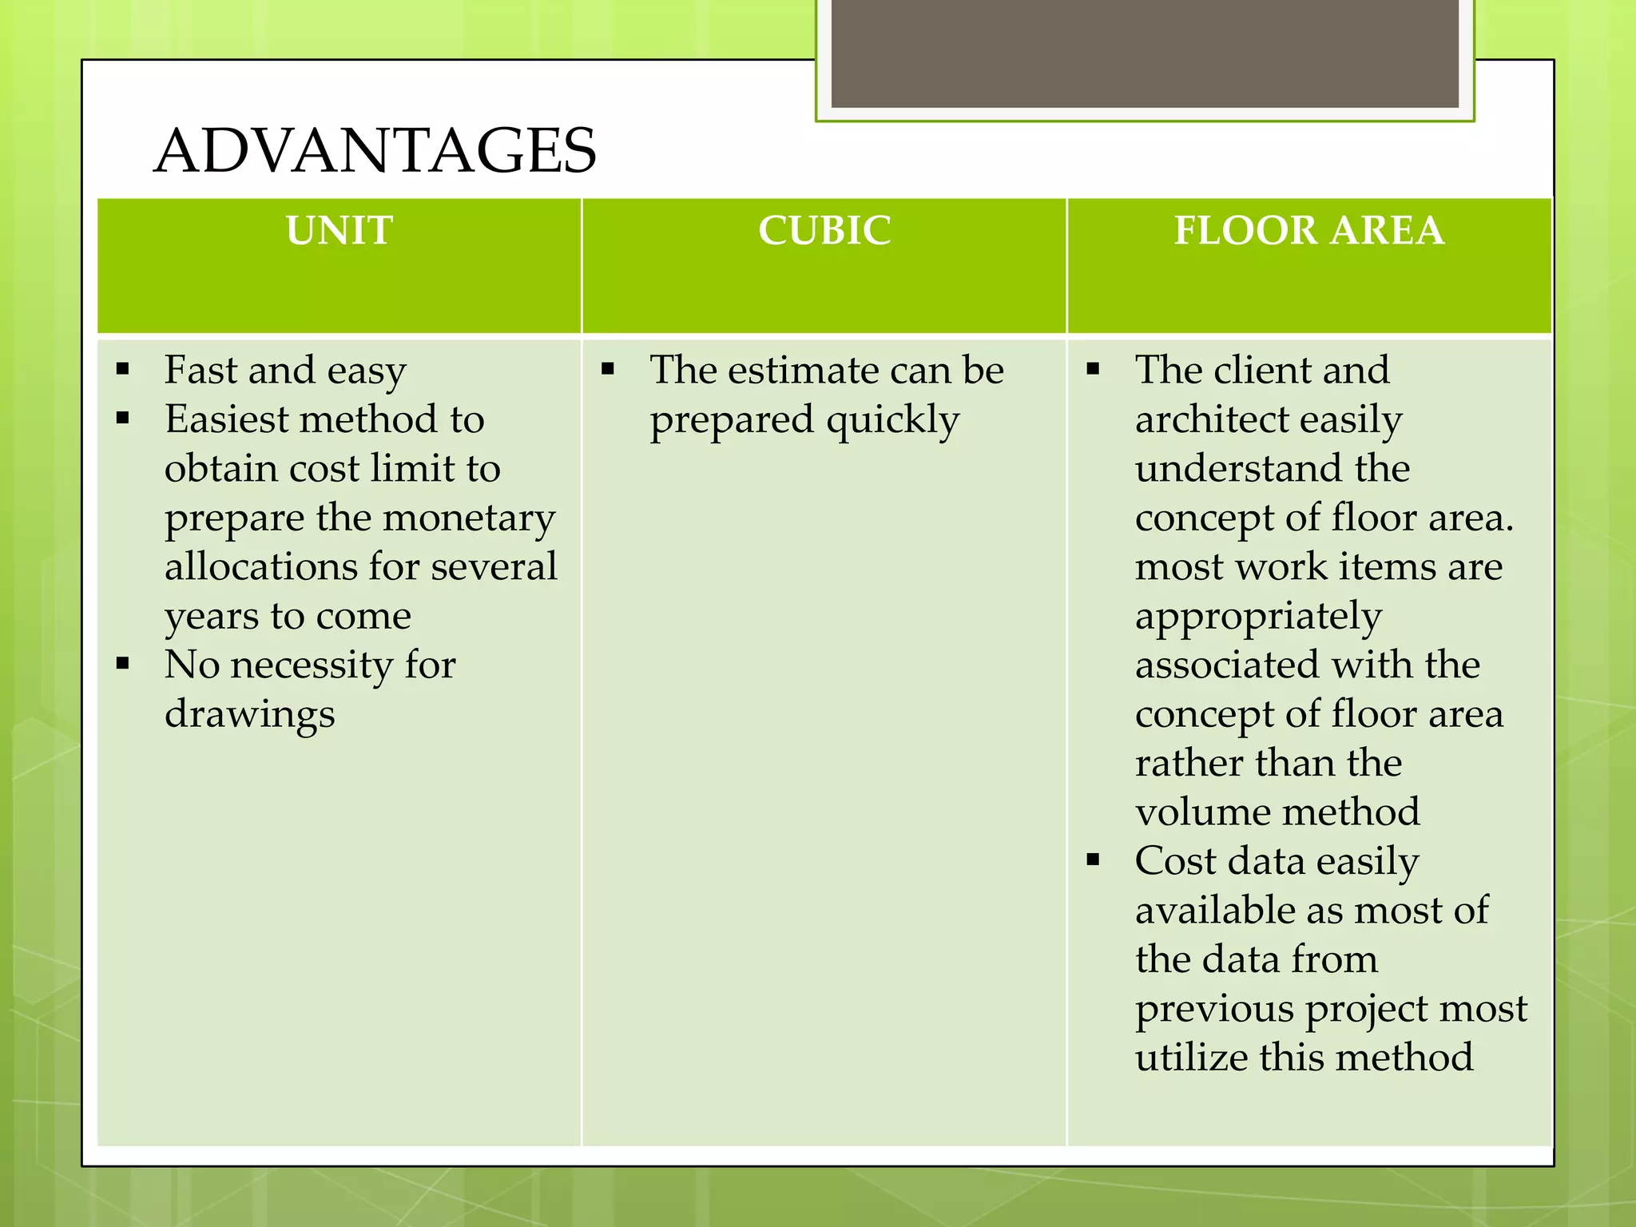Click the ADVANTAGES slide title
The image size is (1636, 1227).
(x=375, y=150)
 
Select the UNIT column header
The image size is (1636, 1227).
(x=340, y=230)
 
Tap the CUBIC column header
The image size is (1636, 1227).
(x=824, y=230)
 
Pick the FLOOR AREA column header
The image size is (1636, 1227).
(x=1309, y=230)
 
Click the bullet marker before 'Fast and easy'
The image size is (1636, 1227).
(x=123, y=369)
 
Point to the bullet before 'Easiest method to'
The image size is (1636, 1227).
(x=123, y=418)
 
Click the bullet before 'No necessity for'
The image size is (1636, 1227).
(x=123, y=663)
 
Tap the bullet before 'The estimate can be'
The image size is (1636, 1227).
(x=608, y=369)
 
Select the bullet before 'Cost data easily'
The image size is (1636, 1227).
(x=1093, y=860)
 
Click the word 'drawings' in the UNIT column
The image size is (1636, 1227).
(x=249, y=714)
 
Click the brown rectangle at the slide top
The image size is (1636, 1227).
(x=1145, y=53)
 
